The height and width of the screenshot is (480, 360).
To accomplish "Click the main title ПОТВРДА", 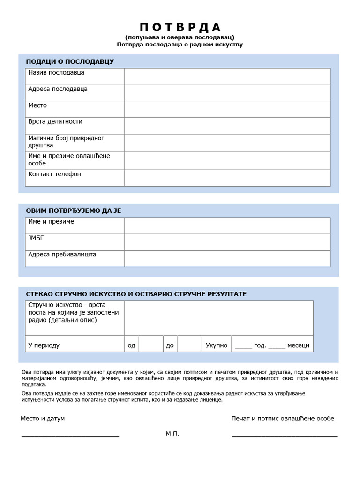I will (x=180, y=27).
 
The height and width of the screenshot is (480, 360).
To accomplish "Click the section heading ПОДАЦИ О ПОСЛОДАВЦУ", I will (x=70, y=61).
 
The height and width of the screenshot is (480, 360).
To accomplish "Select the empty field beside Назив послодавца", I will (x=227, y=76).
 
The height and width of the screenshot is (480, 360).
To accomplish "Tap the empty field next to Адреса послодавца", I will (x=227, y=93).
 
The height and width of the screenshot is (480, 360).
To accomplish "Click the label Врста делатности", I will (x=55, y=121).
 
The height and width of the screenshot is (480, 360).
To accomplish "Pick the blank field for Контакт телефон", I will (x=227, y=178).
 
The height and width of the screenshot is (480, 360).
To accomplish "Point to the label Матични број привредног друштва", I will (x=66, y=142).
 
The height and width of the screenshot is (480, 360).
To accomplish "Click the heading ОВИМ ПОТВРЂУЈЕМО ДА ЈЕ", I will (x=74, y=210).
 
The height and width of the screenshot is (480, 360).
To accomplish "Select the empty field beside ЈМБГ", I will (x=227, y=242).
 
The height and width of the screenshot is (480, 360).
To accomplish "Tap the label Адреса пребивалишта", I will (x=62, y=255).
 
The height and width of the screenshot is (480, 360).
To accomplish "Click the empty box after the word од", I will (x=150, y=344).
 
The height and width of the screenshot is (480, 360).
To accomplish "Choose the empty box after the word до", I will (x=189, y=344).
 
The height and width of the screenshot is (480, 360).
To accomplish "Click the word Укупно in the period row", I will (x=217, y=345).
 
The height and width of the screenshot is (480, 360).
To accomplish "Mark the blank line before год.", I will (x=243, y=346).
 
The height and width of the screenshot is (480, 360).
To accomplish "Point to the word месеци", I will (x=298, y=345).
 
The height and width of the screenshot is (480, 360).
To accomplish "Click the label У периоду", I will (x=44, y=345).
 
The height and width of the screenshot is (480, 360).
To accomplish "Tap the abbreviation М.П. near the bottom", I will (x=172, y=434).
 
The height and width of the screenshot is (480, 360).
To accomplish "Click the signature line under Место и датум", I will (x=70, y=435).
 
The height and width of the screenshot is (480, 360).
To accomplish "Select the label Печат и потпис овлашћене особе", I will (x=283, y=419).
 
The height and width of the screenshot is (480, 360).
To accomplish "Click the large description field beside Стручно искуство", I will (x=218, y=318).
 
